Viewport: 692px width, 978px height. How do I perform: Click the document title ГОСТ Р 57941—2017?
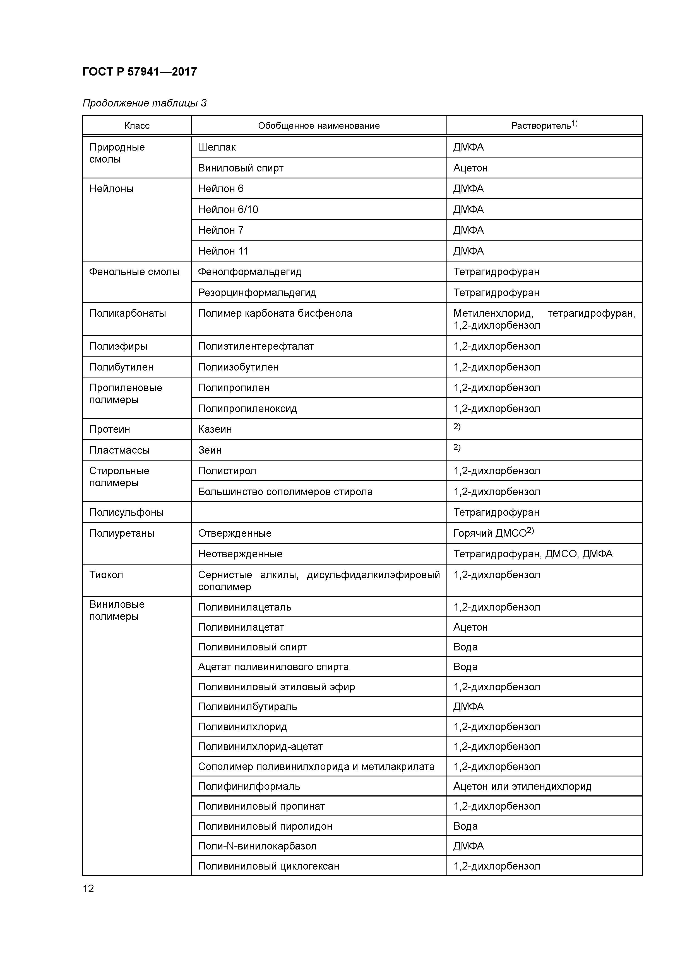(x=140, y=72)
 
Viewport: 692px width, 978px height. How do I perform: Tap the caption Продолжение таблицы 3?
(x=144, y=103)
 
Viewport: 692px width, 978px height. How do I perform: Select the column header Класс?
(x=137, y=126)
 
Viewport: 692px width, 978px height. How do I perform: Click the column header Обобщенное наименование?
(x=318, y=126)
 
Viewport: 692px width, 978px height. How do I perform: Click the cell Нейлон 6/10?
(x=228, y=210)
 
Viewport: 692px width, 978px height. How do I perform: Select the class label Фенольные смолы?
(x=134, y=272)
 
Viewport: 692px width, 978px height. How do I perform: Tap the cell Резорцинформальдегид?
(x=257, y=293)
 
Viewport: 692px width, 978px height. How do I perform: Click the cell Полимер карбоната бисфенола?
(x=275, y=314)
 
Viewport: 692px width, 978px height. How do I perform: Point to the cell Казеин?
(x=215, y=429)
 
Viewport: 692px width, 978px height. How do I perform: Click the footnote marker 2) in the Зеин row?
(x=457, y=447)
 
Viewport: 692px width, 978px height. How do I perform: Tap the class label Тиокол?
(x=106, y=575)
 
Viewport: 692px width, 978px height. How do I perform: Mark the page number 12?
(x=88, y=889)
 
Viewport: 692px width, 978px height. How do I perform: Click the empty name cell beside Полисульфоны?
(x=318, y=512)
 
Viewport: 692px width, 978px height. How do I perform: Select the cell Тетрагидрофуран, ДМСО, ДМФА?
(x=533, y=554)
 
